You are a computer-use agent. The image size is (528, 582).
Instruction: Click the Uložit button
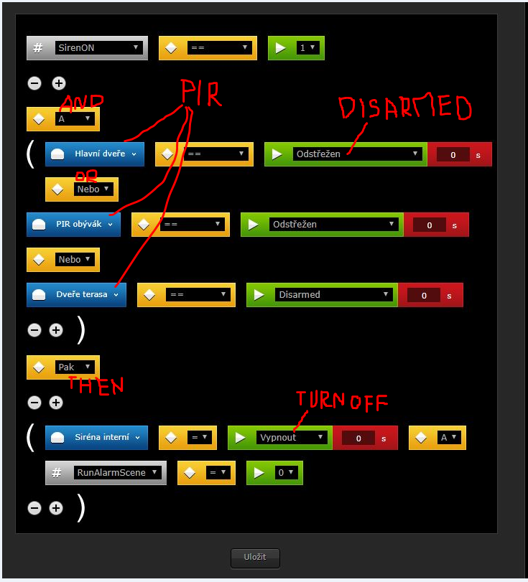tap(255, 557)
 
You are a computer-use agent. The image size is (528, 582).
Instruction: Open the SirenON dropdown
tap(99, 47)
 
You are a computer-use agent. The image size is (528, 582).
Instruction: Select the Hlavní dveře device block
tap(95, 154)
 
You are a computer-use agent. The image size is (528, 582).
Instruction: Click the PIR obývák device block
tap(73, 224)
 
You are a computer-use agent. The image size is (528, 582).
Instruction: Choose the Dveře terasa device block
tap(77, 295)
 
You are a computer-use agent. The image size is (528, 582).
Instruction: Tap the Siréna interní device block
tap(96, 437)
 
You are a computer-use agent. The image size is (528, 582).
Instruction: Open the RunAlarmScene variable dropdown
tap(117, 472)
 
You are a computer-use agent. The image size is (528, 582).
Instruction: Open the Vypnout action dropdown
tap(292, 437)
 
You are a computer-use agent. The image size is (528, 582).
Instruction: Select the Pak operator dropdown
tap(75, 367)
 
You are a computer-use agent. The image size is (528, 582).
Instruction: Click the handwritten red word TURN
tap(320, 400)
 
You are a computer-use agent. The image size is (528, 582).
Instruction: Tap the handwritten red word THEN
tap(96, 385)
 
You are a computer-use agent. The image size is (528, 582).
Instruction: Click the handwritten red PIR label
tap(201, 93)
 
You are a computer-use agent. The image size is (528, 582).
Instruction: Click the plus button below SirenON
tap(59, 83)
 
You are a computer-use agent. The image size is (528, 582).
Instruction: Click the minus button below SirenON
tap(34, 83)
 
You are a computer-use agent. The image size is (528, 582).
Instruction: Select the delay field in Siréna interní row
tap(358, 438)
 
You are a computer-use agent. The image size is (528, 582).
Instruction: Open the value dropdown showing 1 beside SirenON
tap(307, 47)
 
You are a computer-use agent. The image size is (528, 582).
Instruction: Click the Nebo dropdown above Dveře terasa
tap(75, 260)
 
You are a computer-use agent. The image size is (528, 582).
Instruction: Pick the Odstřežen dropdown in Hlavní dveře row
tap(358, 154)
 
